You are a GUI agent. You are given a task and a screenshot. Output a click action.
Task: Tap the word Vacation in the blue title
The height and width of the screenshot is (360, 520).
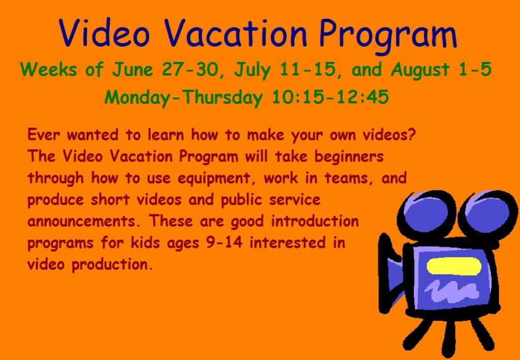click(x=236, y=32)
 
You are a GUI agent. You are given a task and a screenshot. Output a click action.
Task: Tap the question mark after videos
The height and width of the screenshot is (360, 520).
click(x=411, y=135)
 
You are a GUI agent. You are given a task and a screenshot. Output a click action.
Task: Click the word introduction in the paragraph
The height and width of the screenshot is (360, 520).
click(x=315, y=221)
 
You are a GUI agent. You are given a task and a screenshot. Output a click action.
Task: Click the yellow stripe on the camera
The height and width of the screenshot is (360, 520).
click(x=453, y=267)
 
